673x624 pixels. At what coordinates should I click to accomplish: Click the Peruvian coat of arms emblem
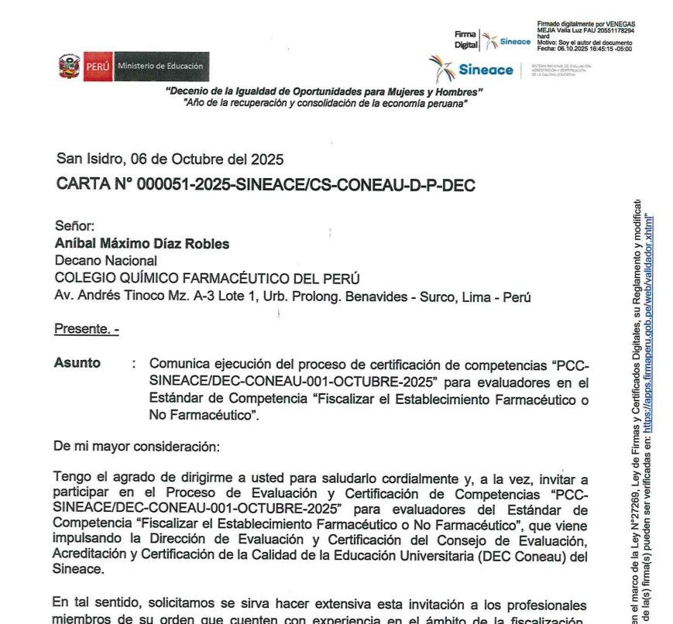[x=68, y=66]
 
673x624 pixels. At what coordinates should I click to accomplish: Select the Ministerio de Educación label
[x=160, y=66]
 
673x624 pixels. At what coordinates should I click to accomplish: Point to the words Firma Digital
[x=465, y=40]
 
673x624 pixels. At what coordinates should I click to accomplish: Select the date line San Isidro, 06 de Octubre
[x=170, y=160]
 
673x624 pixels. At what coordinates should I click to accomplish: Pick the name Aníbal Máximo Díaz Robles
[x=142, y=244]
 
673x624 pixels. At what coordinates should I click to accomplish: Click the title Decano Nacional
[x=105, y=261]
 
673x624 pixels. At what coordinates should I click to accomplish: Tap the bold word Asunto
[x=77, y=363]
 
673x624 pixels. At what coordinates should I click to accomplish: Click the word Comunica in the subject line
[x=180, y=363]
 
